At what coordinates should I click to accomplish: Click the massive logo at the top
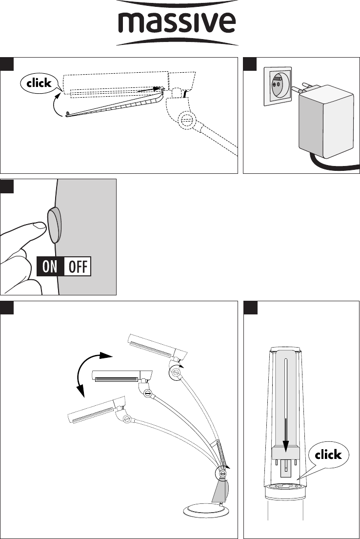pos(177,23)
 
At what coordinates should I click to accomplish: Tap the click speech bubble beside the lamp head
pos(39,83)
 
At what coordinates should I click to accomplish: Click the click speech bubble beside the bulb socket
pos(328,455)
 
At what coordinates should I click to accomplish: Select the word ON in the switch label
pos(50,267)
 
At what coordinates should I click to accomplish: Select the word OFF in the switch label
pos(78,267)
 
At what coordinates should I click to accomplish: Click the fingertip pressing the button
pos(39,226)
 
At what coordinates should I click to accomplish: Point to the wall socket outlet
pos(278,86)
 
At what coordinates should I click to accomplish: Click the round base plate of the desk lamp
pos(205,510)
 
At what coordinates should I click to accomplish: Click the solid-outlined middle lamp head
pos(122,376)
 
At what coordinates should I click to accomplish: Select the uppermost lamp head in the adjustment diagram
pos(158,347)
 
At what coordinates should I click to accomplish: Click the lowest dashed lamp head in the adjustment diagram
pos(97,411)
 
